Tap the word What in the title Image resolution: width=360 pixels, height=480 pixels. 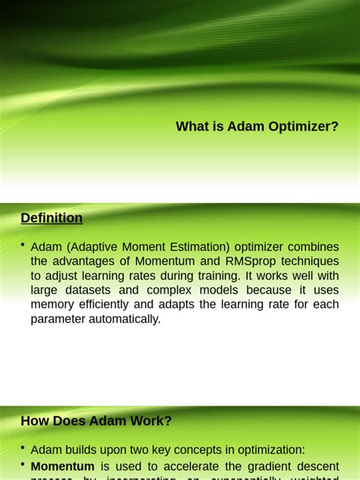(x=191, y=127)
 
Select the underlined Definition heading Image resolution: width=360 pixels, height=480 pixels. (x=52, y=218)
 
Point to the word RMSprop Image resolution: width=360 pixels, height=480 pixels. (x=248, y=261)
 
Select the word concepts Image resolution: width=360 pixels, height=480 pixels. (x=230, y=450)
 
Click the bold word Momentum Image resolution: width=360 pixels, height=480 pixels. (x=62, y=466)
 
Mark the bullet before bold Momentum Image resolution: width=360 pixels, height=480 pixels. (x=24, y=464)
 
